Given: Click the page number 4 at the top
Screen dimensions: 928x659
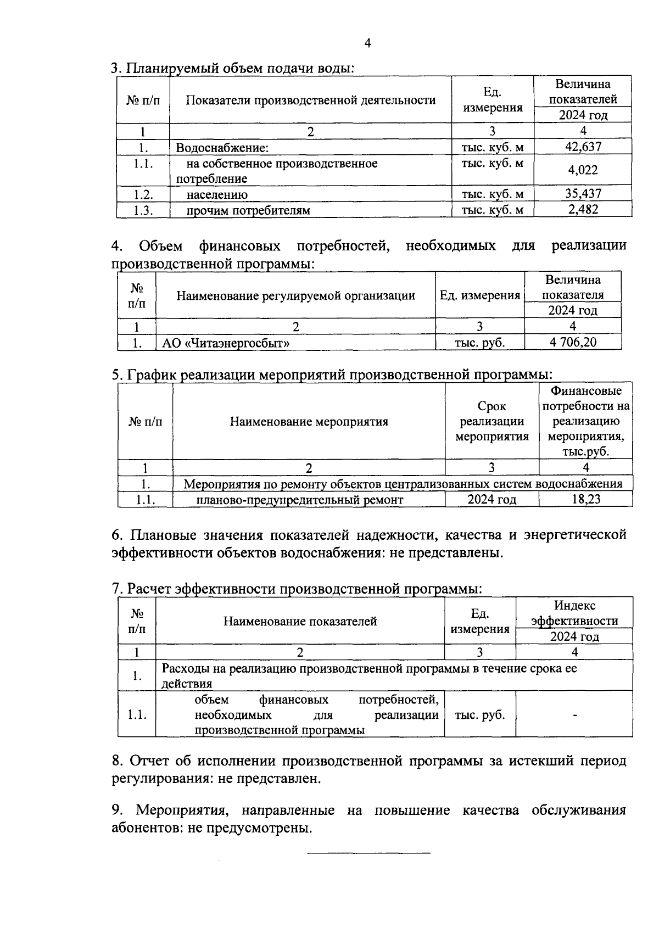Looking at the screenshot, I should pos(367,43).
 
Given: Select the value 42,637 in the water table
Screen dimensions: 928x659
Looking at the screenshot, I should pos(583,147).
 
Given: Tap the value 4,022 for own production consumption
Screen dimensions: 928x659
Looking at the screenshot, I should pos(583,170).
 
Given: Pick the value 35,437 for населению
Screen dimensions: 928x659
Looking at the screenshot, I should pos(583,193).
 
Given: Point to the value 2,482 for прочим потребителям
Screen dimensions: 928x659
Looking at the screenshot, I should pos(583,209).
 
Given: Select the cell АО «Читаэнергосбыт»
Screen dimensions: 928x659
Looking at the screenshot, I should pos(226,343).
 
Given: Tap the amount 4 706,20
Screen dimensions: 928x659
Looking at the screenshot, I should pos(573,342).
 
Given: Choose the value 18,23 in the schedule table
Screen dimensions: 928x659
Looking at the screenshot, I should pos(585,499).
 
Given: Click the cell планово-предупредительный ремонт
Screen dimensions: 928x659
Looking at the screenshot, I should pos(300,500).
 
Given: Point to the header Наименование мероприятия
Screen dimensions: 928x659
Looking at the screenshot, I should pos(309,422).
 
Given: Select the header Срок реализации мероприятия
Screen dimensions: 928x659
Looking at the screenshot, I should pos(492,422).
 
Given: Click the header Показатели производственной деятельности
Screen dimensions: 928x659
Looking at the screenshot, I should pos(311,100).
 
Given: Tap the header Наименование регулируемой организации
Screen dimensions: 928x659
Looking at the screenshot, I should pos(295,295).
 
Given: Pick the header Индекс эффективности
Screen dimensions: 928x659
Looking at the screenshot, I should pos(574,613).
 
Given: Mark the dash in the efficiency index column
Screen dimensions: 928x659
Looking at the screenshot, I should pos(574,715).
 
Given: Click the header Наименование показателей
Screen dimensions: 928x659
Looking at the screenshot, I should pos(300,621).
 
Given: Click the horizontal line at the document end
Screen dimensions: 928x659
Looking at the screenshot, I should pos(368,853).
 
